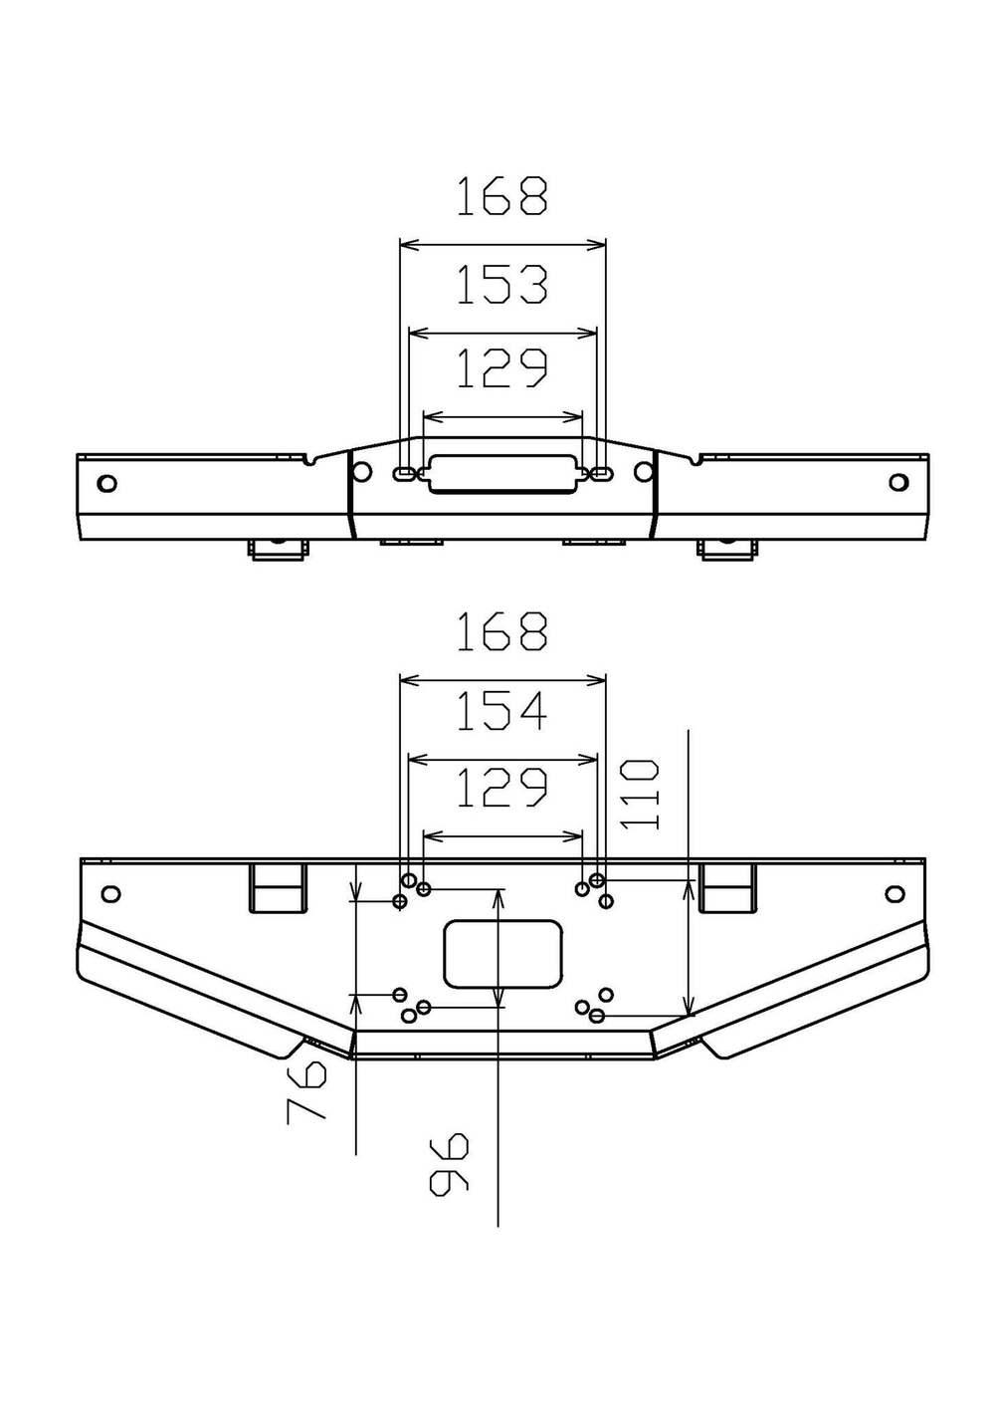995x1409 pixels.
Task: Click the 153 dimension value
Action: pos(501,285)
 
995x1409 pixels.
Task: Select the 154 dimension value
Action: pos(501,711)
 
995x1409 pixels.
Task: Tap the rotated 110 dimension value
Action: pos(639,795)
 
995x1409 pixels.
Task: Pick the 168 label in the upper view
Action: pos(501,196)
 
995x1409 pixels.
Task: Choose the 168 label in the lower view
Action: pos(501,631)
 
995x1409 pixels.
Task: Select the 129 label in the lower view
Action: pos(501,787)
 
